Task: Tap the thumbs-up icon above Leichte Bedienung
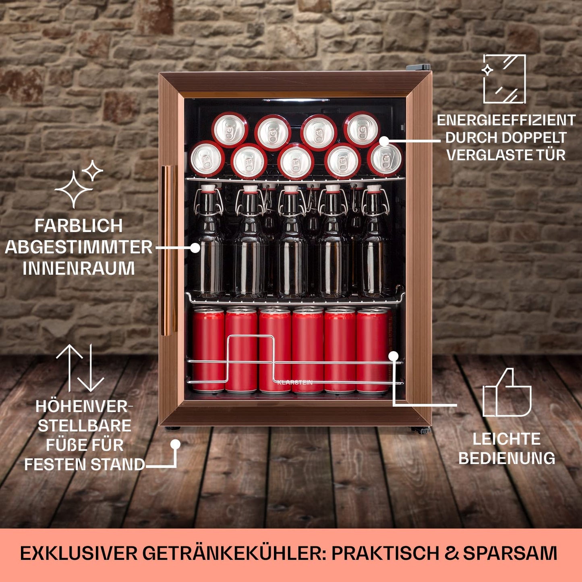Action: coord(507,393)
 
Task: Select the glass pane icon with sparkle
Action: coord(504,79)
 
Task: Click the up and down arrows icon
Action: coord(80,368)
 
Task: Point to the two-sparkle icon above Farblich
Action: coord(79,184)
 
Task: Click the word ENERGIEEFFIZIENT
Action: coord(506,120)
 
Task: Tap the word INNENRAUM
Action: coord(79,269)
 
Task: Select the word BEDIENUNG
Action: coord(507,458)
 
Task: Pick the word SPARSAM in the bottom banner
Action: coord(510,553)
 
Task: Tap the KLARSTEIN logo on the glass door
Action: coord(295,383)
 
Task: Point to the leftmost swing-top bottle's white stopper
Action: coord(208,188)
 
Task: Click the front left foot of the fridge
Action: coord(172,428)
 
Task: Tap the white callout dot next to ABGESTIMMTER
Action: coord(195,248)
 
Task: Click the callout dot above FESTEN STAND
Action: coord(175,444)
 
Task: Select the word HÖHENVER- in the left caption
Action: coord(84,407)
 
